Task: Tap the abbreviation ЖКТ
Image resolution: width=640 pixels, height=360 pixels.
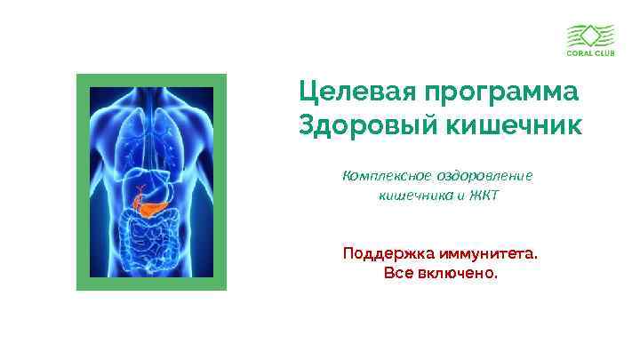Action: pos(484,195)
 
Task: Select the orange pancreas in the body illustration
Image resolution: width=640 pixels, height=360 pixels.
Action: pos(149,205)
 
